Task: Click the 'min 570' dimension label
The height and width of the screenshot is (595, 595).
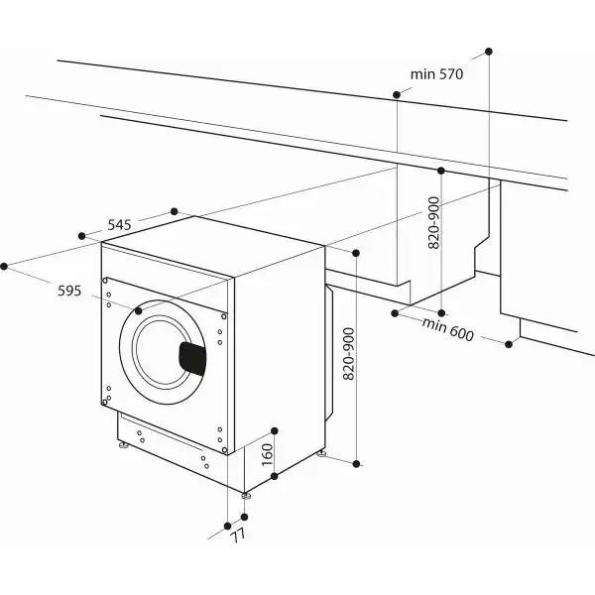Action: [x=437, y=73]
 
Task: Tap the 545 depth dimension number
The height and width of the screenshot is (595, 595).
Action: [x=119, y=225]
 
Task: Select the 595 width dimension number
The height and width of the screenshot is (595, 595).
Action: [x=68, y=291]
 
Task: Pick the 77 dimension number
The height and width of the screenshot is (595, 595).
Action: [x=236, y=536]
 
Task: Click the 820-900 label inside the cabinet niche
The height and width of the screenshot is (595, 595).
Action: [x=433, y=223]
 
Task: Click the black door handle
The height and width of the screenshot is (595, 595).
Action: [x=191, y=356]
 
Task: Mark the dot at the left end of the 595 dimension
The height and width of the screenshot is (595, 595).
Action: [x=5, y=266]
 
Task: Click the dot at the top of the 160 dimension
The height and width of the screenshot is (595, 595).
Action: [x=275, y=431]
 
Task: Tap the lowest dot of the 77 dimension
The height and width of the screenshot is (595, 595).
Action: [x=228, y=525]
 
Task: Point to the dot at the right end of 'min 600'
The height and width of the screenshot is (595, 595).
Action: [x=509, y=344]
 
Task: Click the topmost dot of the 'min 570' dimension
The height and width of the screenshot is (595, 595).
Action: [x=489, y=50]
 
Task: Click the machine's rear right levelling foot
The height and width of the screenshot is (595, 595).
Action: [x=322, y=454]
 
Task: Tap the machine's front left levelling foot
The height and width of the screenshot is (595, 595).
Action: [x=124, y=447]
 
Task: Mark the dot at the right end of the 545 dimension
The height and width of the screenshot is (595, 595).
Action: [x=175, y=211]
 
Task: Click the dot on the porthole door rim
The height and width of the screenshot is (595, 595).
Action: [x=138, y=311]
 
